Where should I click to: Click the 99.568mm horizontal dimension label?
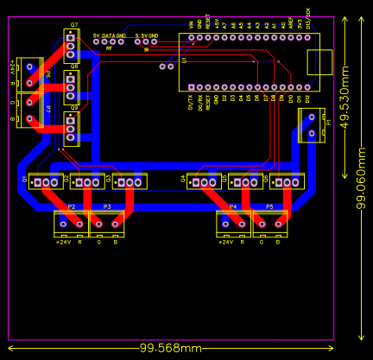(x=171, y=348)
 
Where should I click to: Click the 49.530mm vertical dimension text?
(x=345, y=98)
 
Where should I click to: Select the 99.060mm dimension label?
(x=362, y=177)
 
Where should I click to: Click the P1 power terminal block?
(x=311, y=125)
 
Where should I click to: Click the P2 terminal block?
(x=71, y=224)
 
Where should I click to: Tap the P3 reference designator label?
(x=107, y=207)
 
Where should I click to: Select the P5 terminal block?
(x=269, y=224)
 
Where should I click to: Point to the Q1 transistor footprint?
(x=45, y=181)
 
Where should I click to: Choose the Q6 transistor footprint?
(x=286, y=181)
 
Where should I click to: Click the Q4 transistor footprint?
(x=204, y=181)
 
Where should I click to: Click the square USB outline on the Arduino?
(x=319, y=62)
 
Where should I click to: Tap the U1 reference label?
(x=184, y=60)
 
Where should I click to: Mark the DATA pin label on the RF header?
(x=108, y=35)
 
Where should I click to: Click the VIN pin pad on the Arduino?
(x=192, y=37)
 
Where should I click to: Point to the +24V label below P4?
(x=225, y=243)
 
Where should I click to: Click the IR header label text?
(x=146, y=49)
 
